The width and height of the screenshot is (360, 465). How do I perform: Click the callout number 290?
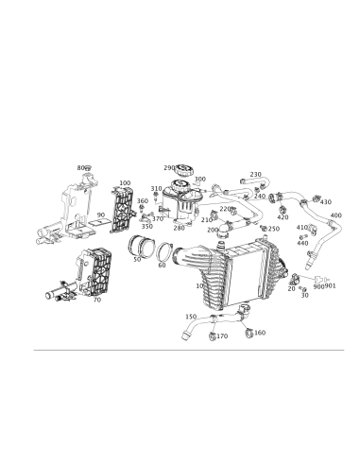[169, 167]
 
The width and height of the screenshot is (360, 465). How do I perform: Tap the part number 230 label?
[256, 174]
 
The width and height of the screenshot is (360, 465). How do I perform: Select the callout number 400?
[336, 215]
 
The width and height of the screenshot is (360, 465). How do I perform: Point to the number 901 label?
[331, 286]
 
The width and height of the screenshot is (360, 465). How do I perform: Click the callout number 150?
[191, 317]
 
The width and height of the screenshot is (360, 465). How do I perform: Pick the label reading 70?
[97, 300]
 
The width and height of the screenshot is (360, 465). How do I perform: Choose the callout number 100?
[125, 183]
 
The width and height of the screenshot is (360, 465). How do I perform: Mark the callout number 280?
[179, 228]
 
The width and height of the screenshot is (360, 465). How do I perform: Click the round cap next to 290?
[182, 170]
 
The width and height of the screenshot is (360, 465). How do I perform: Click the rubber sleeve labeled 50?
[142, 246]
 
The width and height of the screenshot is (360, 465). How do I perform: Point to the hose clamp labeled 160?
[249, 332]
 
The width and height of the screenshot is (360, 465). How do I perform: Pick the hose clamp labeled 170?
[213, 336]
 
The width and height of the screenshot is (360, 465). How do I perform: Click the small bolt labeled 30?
[302, 288]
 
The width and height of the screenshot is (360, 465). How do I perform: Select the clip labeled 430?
[316, 198]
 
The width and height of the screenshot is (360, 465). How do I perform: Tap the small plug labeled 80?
[89, 167]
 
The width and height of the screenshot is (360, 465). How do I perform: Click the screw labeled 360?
[142, 208]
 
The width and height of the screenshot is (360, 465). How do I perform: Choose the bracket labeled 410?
[312, 230]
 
